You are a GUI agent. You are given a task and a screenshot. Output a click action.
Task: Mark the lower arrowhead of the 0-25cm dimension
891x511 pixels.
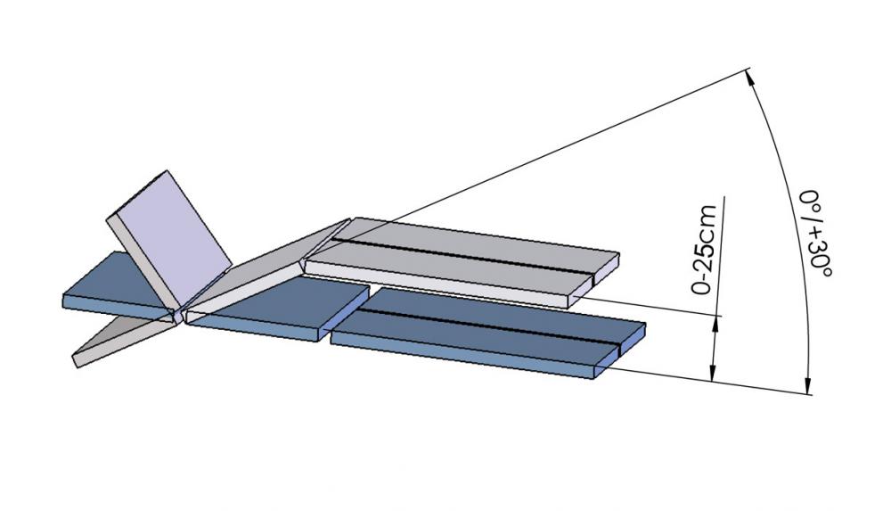713,374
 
